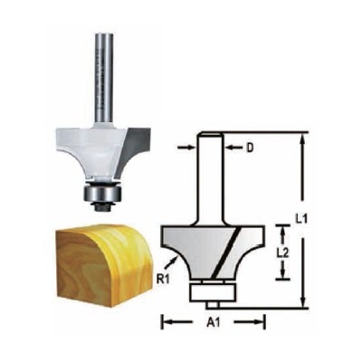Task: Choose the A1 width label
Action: pos(213,321)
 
